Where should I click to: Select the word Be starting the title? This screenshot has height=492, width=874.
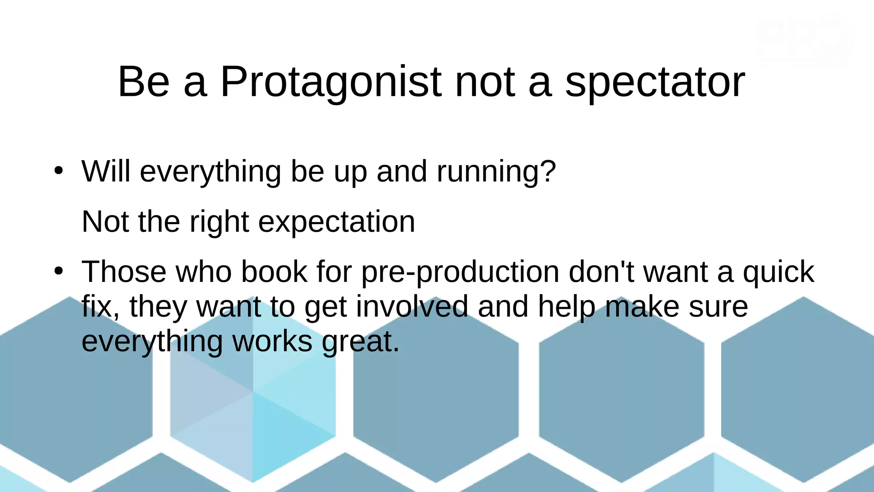click(x=143, y=82)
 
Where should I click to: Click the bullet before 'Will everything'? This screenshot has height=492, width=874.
click(x=58, y=171)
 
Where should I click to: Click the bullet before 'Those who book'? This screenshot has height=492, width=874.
click(x=58, y=271)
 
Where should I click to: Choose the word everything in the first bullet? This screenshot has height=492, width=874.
click(x=210, y=172)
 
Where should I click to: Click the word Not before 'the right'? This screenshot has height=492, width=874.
click(x=105, y=222)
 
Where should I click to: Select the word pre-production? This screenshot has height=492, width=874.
click(x=460, y=272)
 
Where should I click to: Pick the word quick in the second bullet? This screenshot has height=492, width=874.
click(x=778, y=272)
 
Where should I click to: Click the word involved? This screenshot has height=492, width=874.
click(x=412, y=307)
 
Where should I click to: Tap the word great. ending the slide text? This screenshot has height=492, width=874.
click(x=361, y=342)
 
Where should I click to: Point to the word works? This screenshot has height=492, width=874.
click(x=272, y=342)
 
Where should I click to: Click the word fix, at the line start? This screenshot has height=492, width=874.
click(x=100, y=307)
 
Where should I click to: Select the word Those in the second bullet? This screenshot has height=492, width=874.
click(x=124, y=272)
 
